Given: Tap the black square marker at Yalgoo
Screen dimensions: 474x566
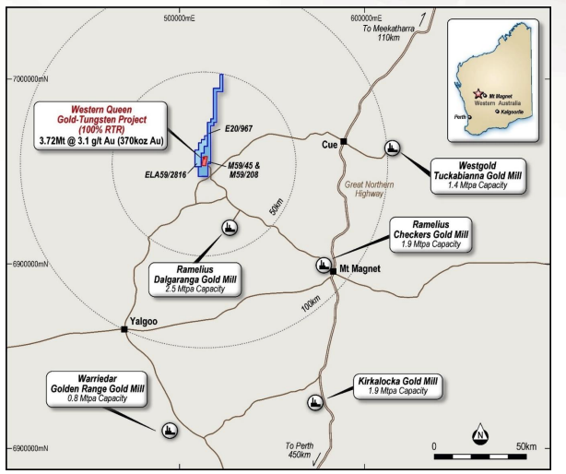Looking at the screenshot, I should click(125, 328).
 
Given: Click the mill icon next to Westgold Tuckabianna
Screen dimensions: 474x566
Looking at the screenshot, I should click(393, 148).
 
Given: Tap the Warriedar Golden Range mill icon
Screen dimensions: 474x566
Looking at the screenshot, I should click(170, 430).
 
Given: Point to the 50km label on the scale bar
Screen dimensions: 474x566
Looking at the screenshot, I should click(525, 446).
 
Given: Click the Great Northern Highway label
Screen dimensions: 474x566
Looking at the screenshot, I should click(367, 189).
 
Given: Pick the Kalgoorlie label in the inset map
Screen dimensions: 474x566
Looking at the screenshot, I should click(514, 113).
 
